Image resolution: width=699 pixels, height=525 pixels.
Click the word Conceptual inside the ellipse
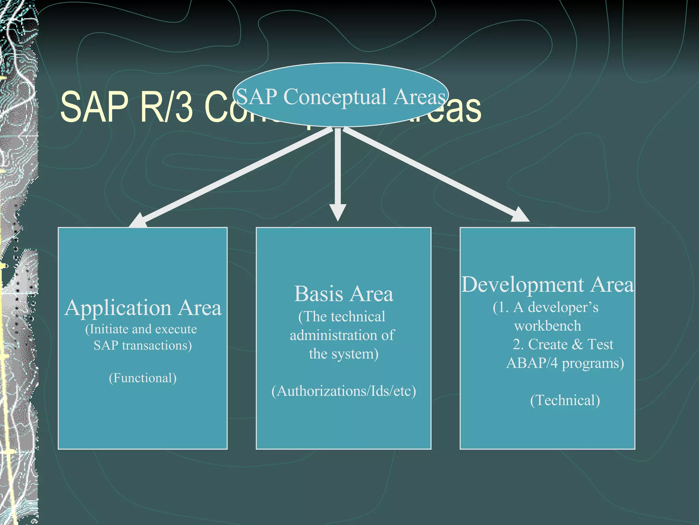click(335, 97)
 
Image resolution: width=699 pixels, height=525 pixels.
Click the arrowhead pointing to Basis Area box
click(338, 212)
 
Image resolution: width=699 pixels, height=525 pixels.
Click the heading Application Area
click(143, 308)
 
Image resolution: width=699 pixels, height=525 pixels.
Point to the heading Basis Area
click(343, 294)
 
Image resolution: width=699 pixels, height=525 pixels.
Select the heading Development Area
click(547, 284)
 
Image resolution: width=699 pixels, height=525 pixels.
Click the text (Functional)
click(143, 378)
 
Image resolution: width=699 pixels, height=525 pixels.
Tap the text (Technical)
click(565, 400)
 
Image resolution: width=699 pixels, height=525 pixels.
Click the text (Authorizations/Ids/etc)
click(344, 391)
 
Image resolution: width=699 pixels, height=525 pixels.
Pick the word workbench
click(547, 326)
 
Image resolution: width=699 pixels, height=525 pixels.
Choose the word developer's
click(563, 307)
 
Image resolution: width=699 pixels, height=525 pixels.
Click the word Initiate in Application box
click(109, 329)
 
